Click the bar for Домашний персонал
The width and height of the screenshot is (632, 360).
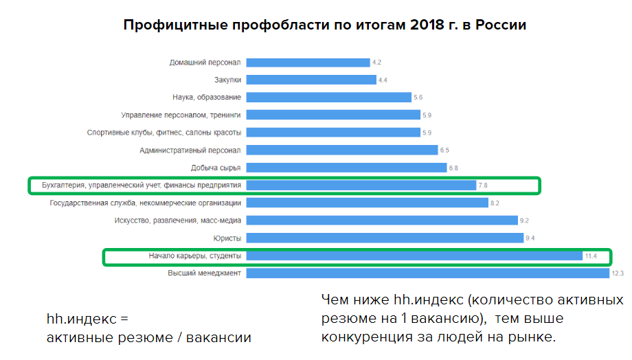point(308,63)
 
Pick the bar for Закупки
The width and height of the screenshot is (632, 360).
point(311,80)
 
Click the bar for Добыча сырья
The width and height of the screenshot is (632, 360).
point(346,168)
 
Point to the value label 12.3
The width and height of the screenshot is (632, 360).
point(617,273)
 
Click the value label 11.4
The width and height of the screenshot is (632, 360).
point(591,256)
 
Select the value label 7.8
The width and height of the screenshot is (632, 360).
point(484,185)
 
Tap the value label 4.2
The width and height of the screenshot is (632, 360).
point(376,63)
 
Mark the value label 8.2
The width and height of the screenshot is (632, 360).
point(495,203)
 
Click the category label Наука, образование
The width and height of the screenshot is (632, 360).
point(206,98)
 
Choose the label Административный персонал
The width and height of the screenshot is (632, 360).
point(190,150)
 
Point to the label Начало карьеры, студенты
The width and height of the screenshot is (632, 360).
point(194,256)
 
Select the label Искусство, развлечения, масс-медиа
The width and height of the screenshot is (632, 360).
point(177,221)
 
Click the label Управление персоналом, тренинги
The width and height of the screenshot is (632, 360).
point(181,115)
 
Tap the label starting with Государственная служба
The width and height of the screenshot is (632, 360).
point(146,203)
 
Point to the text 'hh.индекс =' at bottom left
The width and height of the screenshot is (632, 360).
point(87,319)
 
